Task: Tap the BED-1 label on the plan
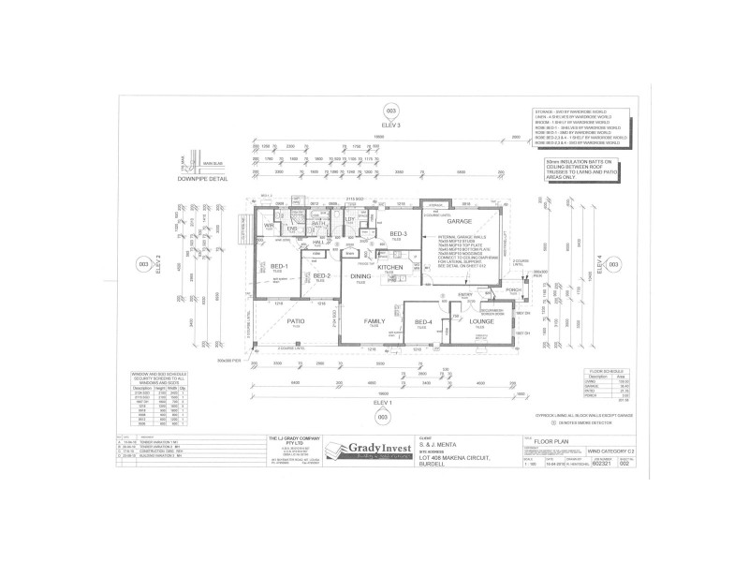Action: pyautogui.click(x=277, y=268)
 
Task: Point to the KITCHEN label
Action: pyautogui.click(x=391, y=268)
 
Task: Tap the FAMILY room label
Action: pyautogui.click(x=372, y=321)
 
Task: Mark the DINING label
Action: pyautogui.click(x=360, y=276)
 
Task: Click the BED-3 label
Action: pyautogui.click(x=397, y=233)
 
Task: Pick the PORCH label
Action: pyautogui.click(x=512, y=290)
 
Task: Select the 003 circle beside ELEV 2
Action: pyautogui.click(x=143, y=265)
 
